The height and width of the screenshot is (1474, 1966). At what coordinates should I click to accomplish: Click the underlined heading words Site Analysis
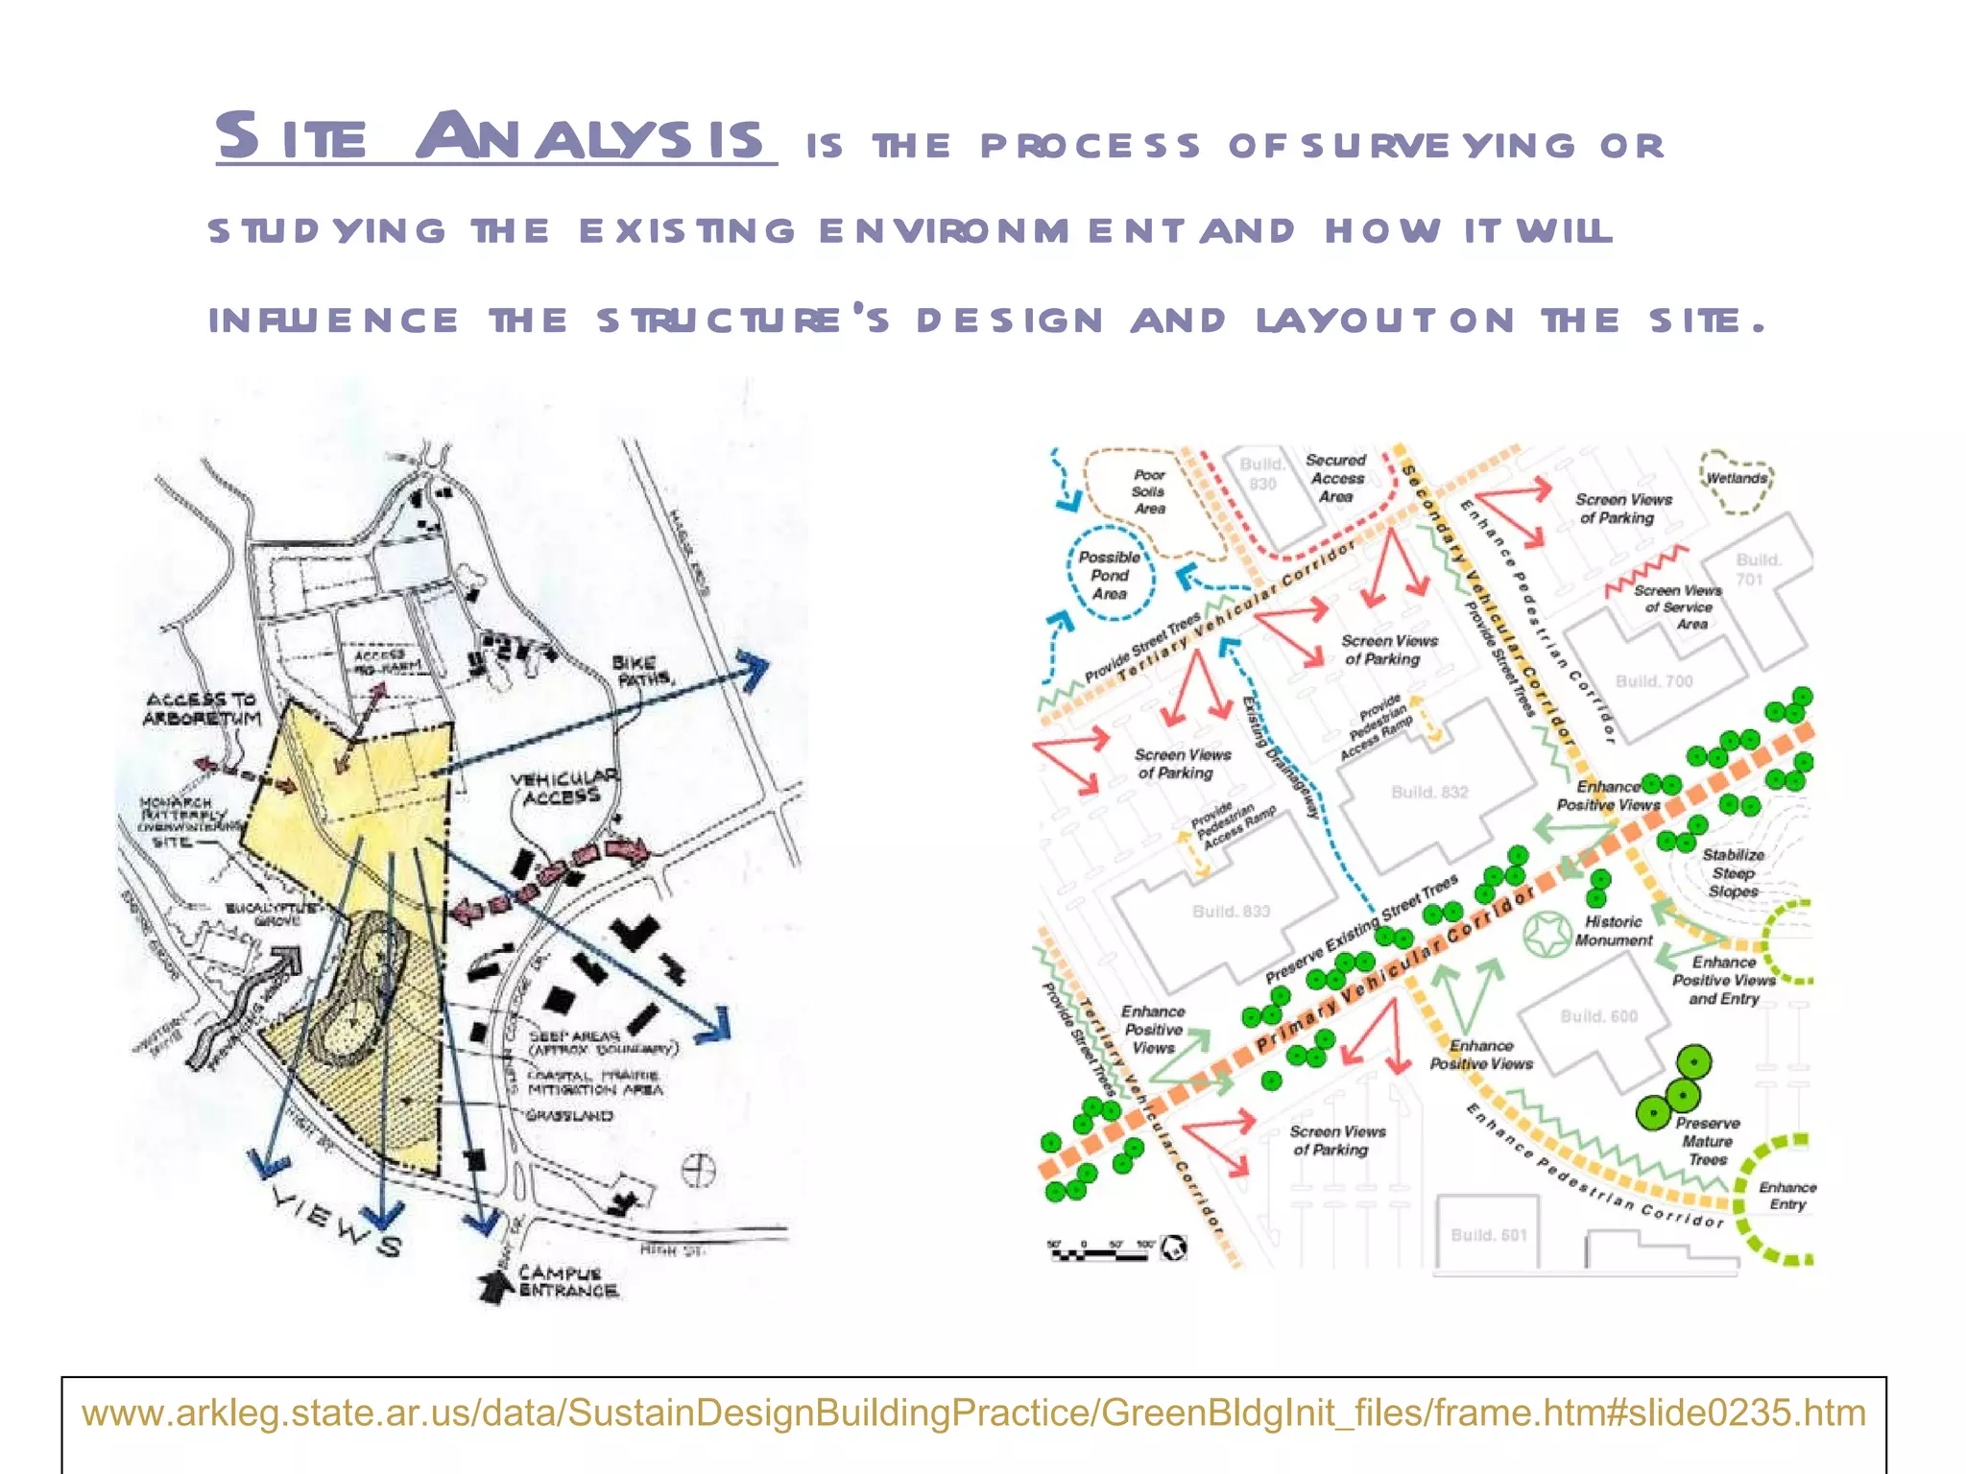click(494, 136)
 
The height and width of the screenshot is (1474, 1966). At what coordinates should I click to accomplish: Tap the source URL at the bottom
click(973, 1413)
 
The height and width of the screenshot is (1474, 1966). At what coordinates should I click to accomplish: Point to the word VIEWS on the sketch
click(337, 1221)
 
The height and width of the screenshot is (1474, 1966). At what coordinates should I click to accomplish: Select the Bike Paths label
click(642, 670)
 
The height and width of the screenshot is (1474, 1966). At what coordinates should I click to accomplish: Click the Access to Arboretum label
click(202, 708)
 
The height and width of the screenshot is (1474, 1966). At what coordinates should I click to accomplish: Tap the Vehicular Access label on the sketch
click(564, 786)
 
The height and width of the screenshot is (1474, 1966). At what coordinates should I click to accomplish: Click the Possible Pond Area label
click(1109, 575)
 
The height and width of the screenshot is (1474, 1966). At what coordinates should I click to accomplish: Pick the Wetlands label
click(1736, 478)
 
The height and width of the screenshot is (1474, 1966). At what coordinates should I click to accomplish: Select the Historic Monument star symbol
click(1546, 934)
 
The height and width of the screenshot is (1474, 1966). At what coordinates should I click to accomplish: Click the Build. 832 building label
click(1429, 792)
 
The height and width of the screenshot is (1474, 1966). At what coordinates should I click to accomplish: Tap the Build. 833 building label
click(1231, 911)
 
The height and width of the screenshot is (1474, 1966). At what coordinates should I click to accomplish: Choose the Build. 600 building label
click(1598, 1015)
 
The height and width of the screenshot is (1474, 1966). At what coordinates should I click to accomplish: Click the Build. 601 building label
click(1488, 1235)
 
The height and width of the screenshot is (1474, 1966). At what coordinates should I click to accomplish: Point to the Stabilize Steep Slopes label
click(1733, 872)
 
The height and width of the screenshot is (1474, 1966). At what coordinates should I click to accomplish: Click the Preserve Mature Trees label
click(1707, 1141)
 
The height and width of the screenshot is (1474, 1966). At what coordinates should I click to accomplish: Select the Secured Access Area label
click(1336, 478)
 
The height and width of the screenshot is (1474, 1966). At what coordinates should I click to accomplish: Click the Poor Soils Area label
click(1148, 491)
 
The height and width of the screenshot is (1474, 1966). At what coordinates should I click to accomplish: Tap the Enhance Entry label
click(1786, 1195)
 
